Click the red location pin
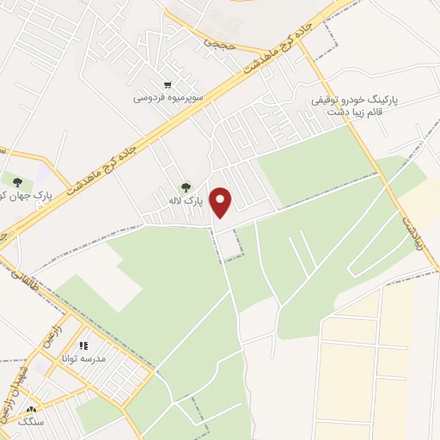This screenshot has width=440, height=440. click(223, 202)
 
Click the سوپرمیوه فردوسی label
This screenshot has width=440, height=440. click(168, 97)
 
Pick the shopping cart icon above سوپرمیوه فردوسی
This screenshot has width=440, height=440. click(168, 84)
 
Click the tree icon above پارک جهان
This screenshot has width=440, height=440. click(16, 180)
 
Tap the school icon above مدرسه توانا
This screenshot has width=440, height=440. click(84, 345)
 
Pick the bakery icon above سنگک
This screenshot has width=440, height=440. click(33, 410)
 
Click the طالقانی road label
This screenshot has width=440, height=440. click(15, 275)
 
